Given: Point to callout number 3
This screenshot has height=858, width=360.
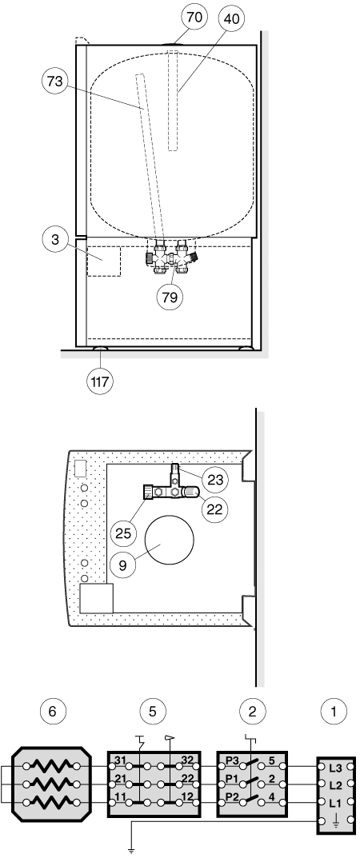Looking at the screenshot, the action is [x=56, y=240].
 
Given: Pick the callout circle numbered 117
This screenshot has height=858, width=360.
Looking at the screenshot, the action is [x=100, y=381].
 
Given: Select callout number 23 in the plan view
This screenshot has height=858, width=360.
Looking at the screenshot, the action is [x=214, y=479].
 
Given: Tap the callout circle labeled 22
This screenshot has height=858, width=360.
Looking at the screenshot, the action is [x=214, y=509].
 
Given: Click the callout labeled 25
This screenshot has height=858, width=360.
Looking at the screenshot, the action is [x=124, y=533].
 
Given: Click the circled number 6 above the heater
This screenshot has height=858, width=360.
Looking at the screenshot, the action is [x=53, y=712].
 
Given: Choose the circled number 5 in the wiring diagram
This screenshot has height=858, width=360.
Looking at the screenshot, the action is [x=153, y=712].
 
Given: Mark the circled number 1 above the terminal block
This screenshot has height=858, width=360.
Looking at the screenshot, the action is [x=335, y=712].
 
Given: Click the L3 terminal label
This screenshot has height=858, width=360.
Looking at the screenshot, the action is [x=336, y=768].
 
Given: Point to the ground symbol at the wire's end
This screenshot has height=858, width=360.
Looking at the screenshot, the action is [x=130, y=850].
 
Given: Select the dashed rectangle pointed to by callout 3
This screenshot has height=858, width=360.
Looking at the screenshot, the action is [x=104, y=261].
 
